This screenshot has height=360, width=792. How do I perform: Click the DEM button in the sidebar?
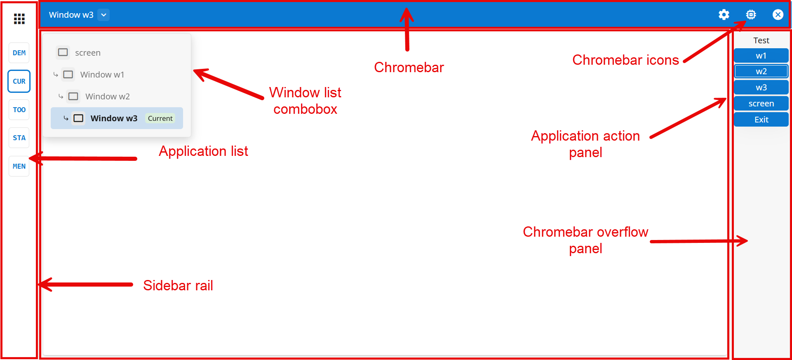pyautogui.click(x=19, y=53)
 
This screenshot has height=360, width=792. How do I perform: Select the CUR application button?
pyautogui.click(x=19, y=81)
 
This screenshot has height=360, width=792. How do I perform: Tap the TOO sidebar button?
pyautogui.click(x=19, y=110)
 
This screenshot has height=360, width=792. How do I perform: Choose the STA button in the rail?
pyautogui.click(x=19, y=138)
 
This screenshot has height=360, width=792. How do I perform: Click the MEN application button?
pyautogui.click(x=19, y=166)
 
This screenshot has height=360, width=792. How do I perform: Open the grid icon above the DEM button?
pyautogui.click(x=19, y=19)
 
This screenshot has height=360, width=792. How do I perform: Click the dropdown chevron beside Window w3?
pyautogui.click(x=104, y=15)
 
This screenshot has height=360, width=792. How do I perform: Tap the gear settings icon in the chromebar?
pyautogui.click(x=724, y=15)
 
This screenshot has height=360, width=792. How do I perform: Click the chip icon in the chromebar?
pyautogui.click(x=751, y=15)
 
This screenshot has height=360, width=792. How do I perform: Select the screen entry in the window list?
pyautogui.click(x=87, y=53)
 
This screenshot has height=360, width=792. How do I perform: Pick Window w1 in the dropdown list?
pyautogui.click(x=102, y=75)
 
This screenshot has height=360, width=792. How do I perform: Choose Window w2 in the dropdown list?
pyautogui.click(x=107, y=96)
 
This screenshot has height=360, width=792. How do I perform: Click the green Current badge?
pyautogui.click(x=160, y=118)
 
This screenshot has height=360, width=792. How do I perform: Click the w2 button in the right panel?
pyautogui.click(x=761, y=71)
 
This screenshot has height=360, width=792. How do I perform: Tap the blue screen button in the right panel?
pyautogui.click(x=761, y=104)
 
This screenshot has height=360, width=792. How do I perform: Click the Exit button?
pyautogui.click(x=761, y=120)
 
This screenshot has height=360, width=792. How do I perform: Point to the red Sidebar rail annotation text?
pyautogui.click(x=178, y=285)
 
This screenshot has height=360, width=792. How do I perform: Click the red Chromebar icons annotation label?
pyautogui.click(x=625, y=60)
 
